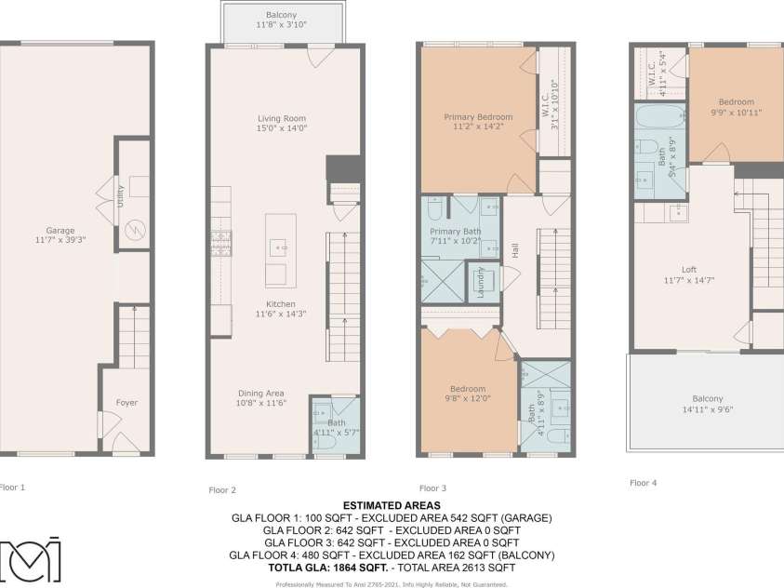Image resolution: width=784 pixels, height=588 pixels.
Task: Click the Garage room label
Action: coord(60,230)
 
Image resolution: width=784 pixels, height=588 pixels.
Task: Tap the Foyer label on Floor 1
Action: coord(126,403)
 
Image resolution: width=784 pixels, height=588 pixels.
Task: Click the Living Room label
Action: coord(282,118)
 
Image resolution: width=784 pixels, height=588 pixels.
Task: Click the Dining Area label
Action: coord(261,393)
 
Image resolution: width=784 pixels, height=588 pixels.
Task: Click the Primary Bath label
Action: coord(453,231)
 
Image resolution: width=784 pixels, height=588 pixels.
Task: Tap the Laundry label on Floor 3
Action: coord(481,279)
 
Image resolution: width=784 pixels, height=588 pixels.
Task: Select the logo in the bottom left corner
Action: coord(31,560)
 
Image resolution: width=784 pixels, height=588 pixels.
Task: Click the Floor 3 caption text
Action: coord(433,488)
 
